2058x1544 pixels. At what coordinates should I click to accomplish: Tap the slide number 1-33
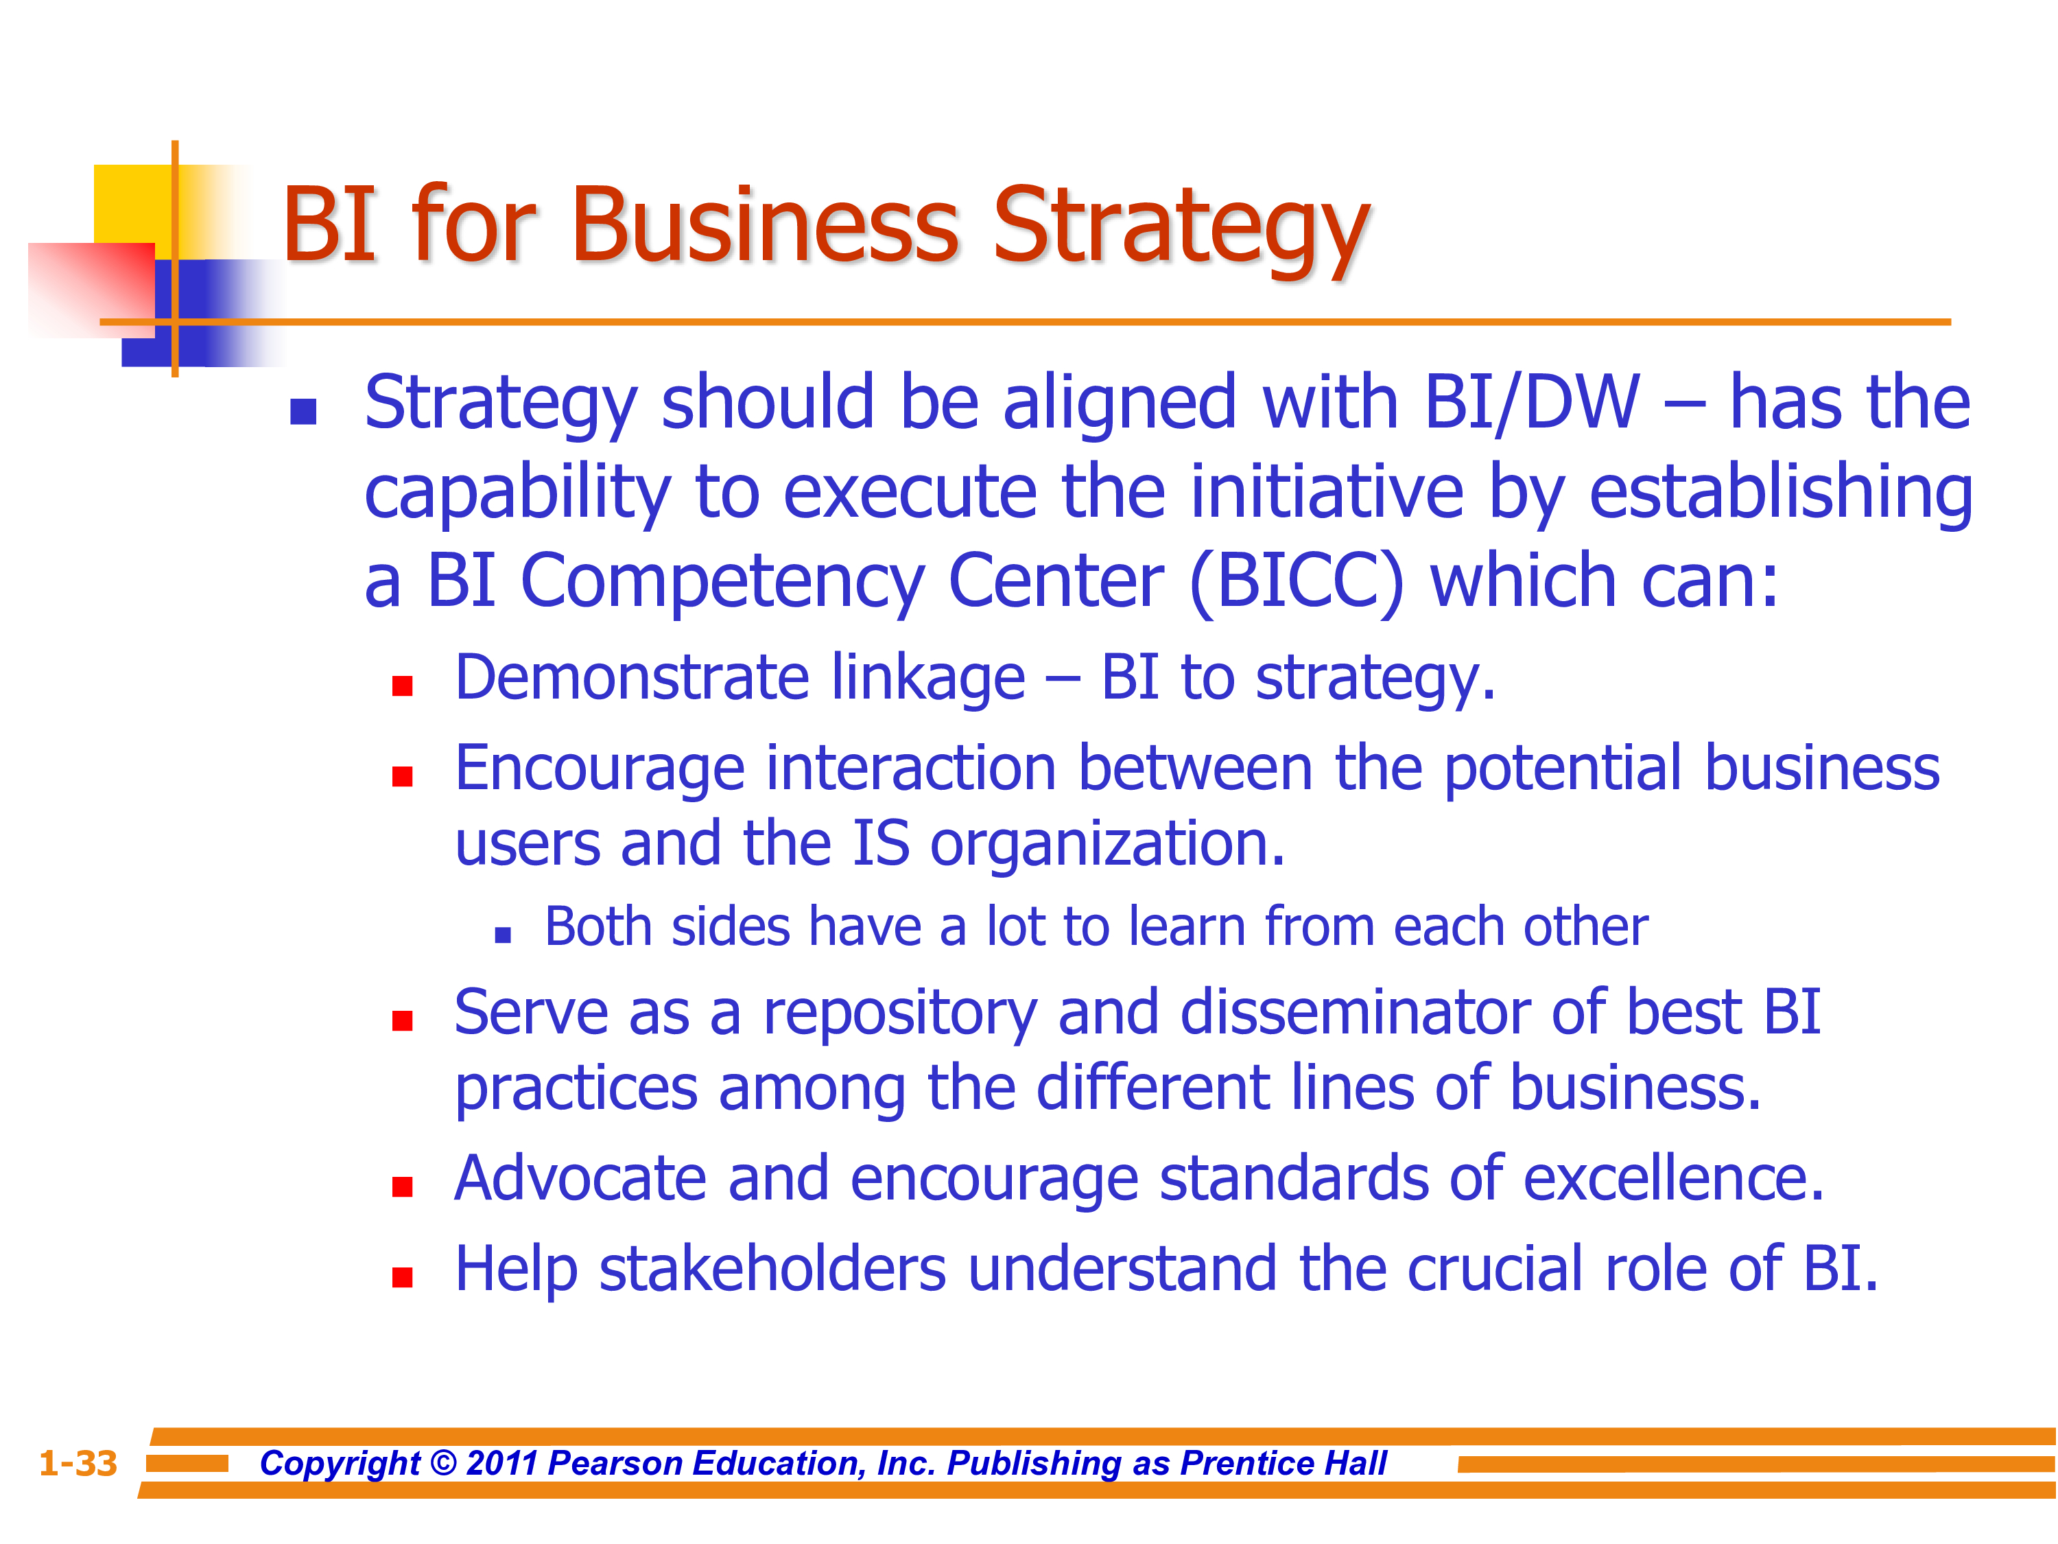78,1463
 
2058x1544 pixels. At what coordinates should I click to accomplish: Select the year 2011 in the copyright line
501,1463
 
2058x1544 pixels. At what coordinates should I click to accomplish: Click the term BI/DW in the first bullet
1531,402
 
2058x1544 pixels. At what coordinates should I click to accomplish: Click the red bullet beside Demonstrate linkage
402,686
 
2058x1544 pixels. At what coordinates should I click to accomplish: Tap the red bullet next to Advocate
402,1186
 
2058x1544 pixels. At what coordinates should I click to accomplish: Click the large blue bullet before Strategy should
303,411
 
